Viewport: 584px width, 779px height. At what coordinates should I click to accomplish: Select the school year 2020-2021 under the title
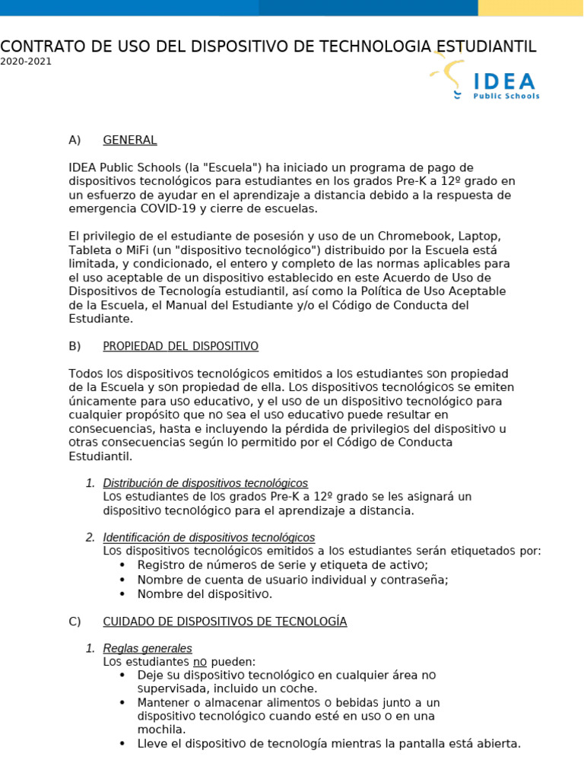[26, 62]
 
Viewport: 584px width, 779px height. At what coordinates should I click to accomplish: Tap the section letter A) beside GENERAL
[75, 140]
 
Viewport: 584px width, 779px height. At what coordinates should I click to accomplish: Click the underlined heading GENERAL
[130, 140]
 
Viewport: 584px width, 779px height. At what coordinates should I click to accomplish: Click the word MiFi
[128, 250]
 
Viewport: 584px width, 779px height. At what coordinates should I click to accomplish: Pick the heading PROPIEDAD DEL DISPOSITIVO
[180, 346]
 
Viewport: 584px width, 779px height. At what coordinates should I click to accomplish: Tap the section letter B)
[75, 346]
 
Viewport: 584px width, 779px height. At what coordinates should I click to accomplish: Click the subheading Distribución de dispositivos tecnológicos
[205, 483]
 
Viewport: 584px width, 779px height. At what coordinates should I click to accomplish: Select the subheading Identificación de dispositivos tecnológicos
[208, 537]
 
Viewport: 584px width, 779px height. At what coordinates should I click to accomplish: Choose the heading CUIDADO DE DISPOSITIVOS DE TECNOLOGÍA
[225, 622]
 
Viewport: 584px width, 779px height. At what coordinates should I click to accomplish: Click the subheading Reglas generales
[148, 648]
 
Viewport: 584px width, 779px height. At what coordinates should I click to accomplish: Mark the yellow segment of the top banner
[530, 8]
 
